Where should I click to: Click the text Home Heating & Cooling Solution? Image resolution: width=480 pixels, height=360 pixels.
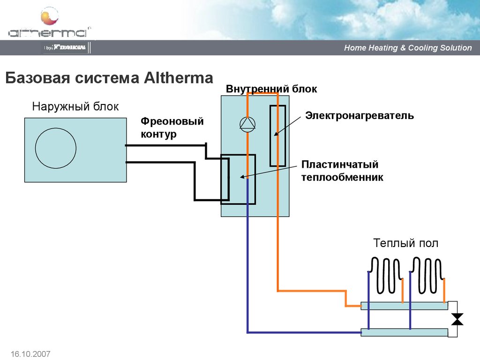408,48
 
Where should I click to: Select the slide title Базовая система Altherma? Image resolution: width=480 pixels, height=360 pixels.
109,78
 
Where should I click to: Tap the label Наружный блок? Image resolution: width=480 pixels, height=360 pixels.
75,107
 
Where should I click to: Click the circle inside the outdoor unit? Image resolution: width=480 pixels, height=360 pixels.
56,148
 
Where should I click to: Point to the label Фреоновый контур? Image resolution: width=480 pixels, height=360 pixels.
172,128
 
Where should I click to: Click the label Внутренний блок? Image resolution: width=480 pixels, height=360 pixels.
271,89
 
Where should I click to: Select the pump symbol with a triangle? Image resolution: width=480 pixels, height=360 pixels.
247,124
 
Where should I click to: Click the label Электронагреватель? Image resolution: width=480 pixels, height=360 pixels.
360,115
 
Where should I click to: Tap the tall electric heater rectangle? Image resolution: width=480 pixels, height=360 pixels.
277,135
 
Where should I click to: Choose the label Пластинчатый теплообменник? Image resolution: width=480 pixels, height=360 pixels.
342,171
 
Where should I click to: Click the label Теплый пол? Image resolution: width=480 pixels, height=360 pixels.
405,243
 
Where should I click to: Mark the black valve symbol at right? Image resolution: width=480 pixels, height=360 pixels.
457,319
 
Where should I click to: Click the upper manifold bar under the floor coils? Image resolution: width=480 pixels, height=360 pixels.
404,306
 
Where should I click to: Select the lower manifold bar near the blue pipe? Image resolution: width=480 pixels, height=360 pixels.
404,332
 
